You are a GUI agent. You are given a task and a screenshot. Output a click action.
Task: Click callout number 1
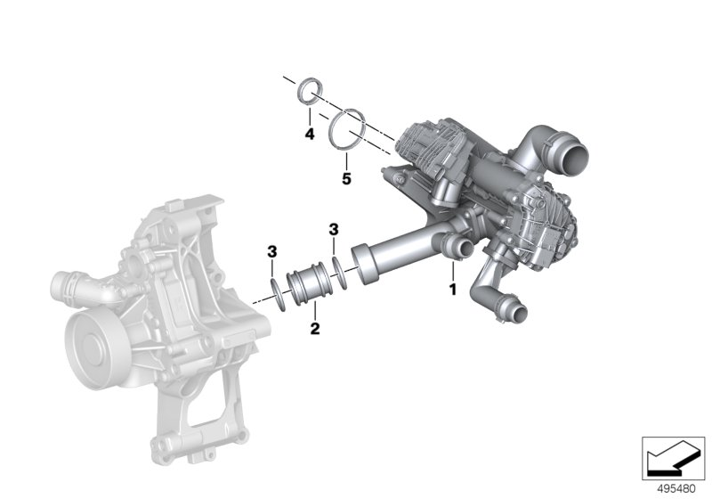click(452, 290)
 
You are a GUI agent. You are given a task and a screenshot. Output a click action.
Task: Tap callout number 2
click(314, 329)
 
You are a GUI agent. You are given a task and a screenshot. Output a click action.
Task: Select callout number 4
click(309, 135)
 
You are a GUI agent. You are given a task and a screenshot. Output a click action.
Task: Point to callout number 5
click(346, 178)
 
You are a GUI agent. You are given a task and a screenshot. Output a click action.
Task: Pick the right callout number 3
click(334, 230)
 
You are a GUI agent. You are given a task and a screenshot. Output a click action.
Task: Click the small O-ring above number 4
click(308, 90)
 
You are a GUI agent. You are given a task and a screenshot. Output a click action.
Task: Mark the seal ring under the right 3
click(338, 266)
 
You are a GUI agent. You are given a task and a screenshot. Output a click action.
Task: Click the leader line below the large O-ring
click(346, 159)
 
